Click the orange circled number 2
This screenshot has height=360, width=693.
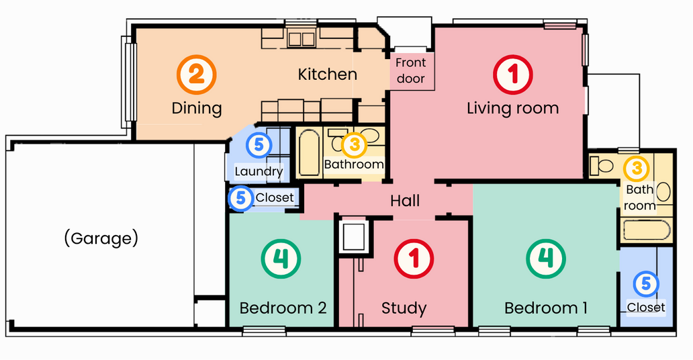click(x=196, y=75)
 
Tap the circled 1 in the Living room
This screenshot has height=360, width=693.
click(x=512, y=75)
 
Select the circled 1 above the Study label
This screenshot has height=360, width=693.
click(x=414, y=259)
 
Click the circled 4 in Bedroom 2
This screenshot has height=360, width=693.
click(x=281, y=259)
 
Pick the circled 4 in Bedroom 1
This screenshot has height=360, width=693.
click(x=546, y=259)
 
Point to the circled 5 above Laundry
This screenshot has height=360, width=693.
click(x=259, y=144)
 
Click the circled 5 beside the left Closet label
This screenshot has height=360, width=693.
click(x=240, y=197)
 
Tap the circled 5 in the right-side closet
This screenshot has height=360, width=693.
click(x=646, y=283)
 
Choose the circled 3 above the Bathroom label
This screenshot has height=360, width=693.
click(x=354, y=144)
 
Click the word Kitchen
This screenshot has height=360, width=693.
click(x=328, y=75)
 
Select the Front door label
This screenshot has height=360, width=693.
click(x=410, y=71)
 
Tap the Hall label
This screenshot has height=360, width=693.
click(x=405, y=201)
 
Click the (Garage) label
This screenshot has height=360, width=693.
click(x=101, y=238)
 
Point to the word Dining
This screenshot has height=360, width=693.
click(x=197, y=108)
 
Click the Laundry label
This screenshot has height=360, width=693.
click(x=259, y=171)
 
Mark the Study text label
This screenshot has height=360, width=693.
click(x=404, y=308)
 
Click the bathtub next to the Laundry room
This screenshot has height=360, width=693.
click(x=308, y=152)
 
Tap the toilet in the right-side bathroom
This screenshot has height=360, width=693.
click(x=602, y=165)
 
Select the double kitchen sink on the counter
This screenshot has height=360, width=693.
click(x=302, y=40)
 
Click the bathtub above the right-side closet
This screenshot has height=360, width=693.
click(x=647, y=230)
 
